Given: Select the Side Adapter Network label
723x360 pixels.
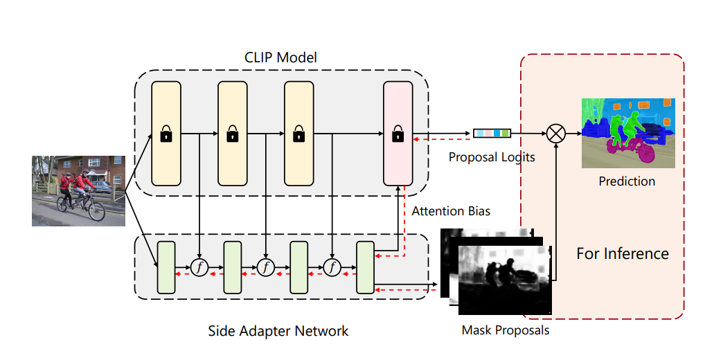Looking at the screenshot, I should coord(278,330).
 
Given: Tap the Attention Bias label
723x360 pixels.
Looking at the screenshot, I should coord(451,210).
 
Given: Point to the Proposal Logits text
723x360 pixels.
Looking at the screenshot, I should coord(492,157).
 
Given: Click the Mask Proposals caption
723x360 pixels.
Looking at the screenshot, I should coord(506,330).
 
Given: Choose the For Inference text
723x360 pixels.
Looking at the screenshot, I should coord(623,253).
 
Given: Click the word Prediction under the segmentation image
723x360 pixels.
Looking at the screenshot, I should coord(627,181).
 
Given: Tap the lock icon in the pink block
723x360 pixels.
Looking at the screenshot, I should coord(398,134).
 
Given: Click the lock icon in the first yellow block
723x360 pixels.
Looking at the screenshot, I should coord(166,134).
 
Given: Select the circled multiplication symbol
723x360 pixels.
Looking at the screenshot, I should coord(555,133).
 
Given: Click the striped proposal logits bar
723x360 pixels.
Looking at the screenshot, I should coord(492,133).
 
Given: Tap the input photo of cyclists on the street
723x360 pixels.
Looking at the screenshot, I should coord(78,190).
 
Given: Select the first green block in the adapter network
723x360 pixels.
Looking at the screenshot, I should coord(166,267).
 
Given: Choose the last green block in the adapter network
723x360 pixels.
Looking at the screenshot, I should coord(365,267).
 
